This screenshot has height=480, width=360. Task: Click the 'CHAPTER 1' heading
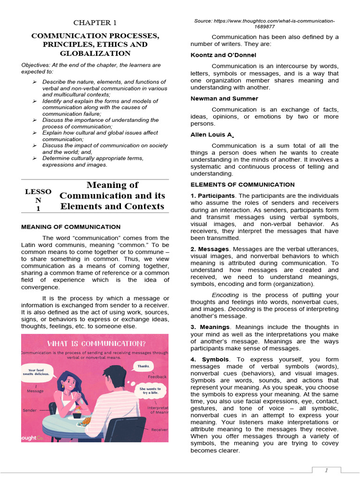tap(95, 22)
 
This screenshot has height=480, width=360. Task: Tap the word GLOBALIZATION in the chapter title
tap(95, 53)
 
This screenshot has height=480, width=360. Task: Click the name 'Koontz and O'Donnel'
tap(223, 55)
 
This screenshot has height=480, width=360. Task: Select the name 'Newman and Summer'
tap(224, 98)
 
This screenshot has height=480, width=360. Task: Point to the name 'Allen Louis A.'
tap(211, 135)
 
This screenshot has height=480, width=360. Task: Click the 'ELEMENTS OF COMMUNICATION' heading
tap(242, 185)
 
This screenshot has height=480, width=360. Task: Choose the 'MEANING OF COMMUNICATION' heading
tap(71, 227)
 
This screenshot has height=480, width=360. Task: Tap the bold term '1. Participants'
tap(212, 195)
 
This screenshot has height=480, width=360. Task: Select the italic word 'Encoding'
tap(225, 295)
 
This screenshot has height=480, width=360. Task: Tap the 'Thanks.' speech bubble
tap(142, 366)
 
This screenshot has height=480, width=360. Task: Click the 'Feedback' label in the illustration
tap(157, 376)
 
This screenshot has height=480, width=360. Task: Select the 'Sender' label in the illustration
tap(30, 410)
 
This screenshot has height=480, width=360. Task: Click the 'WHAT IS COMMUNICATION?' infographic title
tap(94, 344)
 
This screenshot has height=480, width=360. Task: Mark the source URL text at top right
tap(264, 24)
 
